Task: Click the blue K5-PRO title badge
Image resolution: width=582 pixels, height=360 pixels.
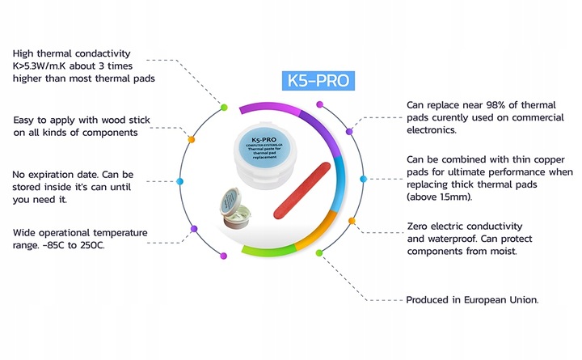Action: click(x=320, y=81)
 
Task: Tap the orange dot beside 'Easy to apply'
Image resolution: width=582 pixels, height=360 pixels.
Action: click(x=191, y=139)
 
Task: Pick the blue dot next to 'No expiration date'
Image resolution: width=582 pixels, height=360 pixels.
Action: click(x=179, y=182)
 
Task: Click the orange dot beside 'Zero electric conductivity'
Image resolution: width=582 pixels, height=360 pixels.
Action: click(x=352, y=219)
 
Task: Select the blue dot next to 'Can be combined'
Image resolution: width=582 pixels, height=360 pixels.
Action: click(x=363, y=178)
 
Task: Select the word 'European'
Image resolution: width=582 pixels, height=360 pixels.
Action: click(x=482, y=299)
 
